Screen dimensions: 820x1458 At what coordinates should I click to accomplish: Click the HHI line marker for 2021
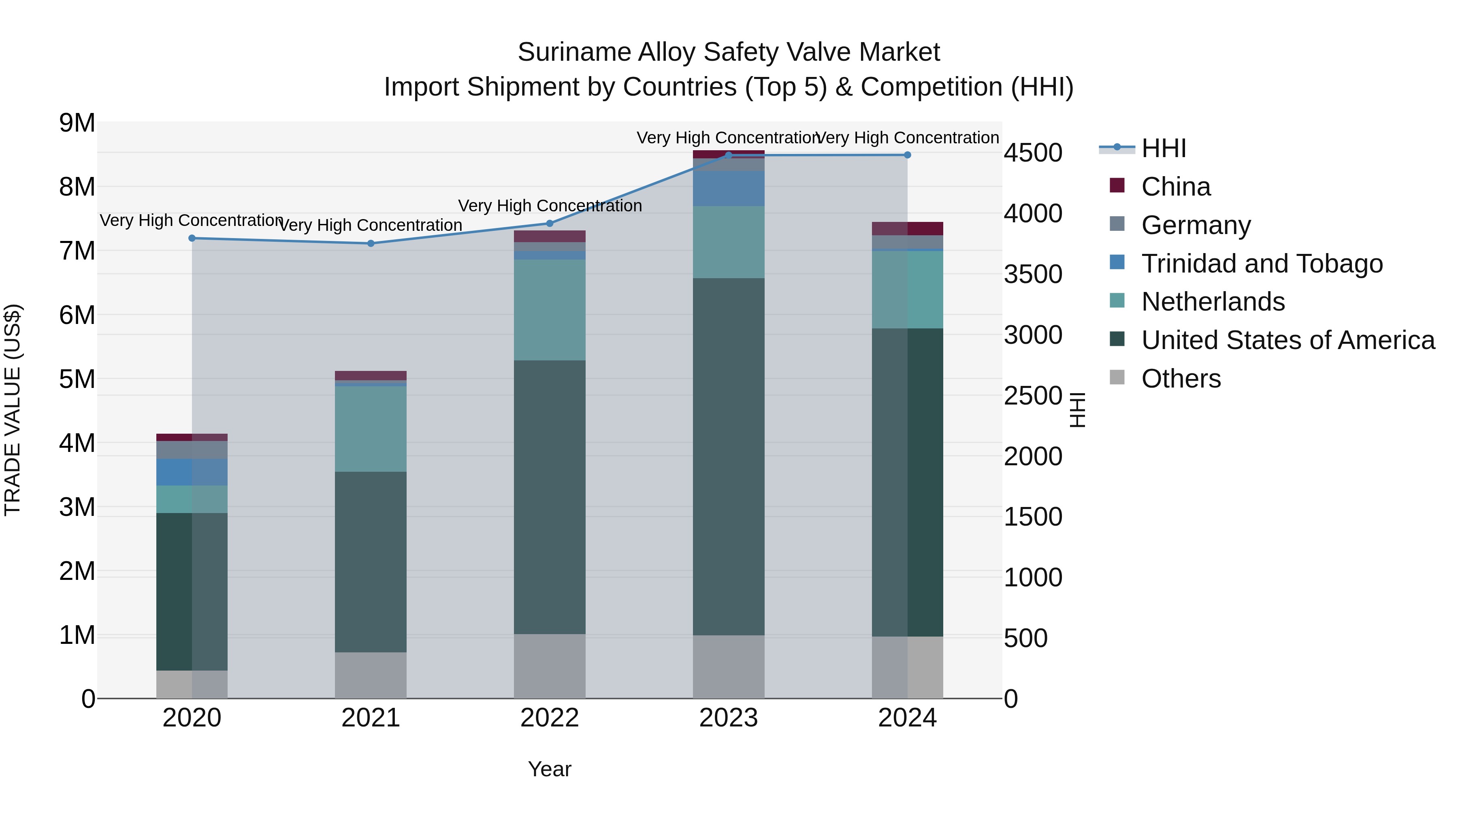coord(371,243)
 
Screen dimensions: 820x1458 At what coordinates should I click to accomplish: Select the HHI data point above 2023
coord(729,155)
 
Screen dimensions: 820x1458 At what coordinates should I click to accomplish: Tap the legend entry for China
coord(1176,187)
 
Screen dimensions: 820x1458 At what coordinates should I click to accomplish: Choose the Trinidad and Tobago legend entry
coord(1262,264)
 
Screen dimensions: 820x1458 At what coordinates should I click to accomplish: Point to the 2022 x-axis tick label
coord(549,718)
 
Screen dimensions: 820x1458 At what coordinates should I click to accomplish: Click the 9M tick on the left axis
coord(77,123)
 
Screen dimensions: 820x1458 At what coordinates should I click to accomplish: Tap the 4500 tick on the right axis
coord(1033,153)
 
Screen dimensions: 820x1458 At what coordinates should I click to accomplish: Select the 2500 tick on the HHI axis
coord(1033,396)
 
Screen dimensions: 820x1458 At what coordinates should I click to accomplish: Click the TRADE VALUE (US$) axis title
coord(13,410)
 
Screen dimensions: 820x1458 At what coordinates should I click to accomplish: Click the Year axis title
coord(549,769)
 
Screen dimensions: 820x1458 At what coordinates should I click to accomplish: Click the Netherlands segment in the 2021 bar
coord(371,428)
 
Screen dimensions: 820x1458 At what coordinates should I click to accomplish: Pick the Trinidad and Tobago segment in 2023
coord(729,188)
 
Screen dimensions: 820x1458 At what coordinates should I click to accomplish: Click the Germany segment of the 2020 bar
coord(192,449)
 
